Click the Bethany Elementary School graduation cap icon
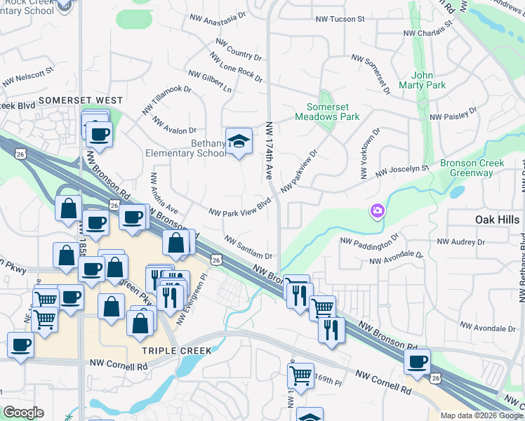pyautogui.click(x=239, y=140)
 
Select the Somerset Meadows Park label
pyautogui.click(x=333, y=112)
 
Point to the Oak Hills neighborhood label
pyautogui.click(x=497, y=220)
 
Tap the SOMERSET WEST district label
pyautogui.click(x=81, y=101)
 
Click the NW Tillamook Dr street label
pyautogui.click(x=168, y=98)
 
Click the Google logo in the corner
pyautogui.click(x=23, y=413)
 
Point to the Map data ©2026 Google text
pyautogui.click(x=481, y=415)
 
